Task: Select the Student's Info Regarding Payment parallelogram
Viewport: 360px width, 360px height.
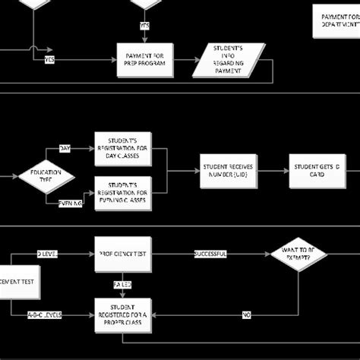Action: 229,60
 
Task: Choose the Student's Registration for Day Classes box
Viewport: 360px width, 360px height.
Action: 122,148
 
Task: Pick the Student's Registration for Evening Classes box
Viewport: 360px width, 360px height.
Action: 122,193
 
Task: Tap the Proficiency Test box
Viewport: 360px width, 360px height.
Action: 122,254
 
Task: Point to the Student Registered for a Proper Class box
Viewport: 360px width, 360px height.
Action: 122,314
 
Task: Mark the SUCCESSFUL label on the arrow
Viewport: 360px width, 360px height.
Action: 210,254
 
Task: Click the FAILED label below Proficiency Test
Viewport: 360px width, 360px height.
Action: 122,285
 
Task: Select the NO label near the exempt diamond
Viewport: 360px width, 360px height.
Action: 247,314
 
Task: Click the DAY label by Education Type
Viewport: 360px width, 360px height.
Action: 65,149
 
